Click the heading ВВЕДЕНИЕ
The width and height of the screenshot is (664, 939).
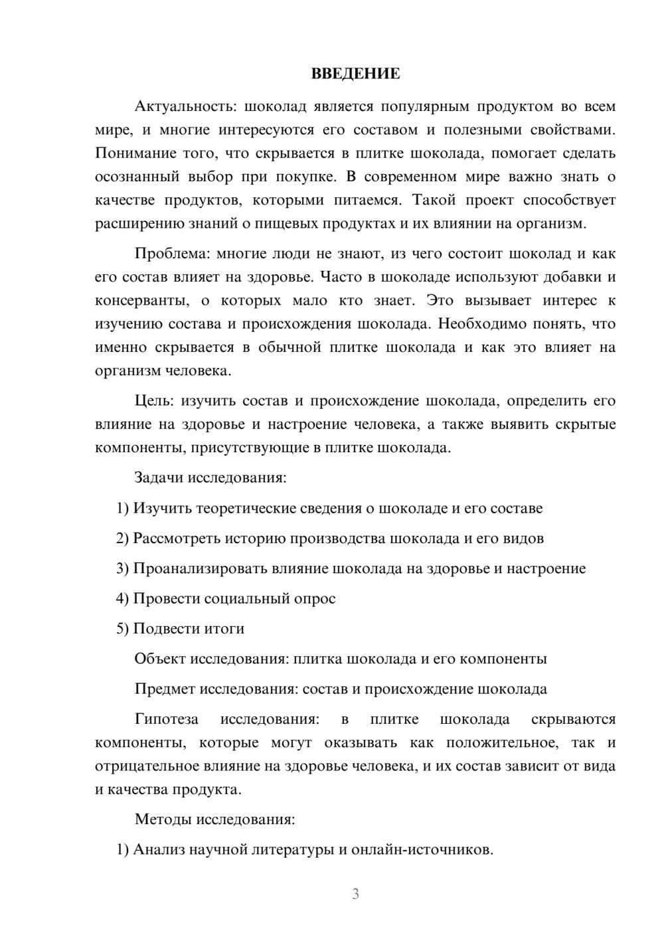point(355,74)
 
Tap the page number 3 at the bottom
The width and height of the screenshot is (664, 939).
point(355,894)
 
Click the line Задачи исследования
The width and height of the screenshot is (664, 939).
point(210,477)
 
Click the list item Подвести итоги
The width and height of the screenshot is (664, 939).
point(189,628)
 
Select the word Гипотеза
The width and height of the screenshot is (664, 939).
point(166,719)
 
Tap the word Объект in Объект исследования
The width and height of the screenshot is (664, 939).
point(160,659)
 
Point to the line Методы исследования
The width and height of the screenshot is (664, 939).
point(214,819)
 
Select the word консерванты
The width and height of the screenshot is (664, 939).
point(137,301)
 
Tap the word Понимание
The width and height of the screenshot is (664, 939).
point(136,153)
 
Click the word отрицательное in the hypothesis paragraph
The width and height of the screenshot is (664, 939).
point(141,766)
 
